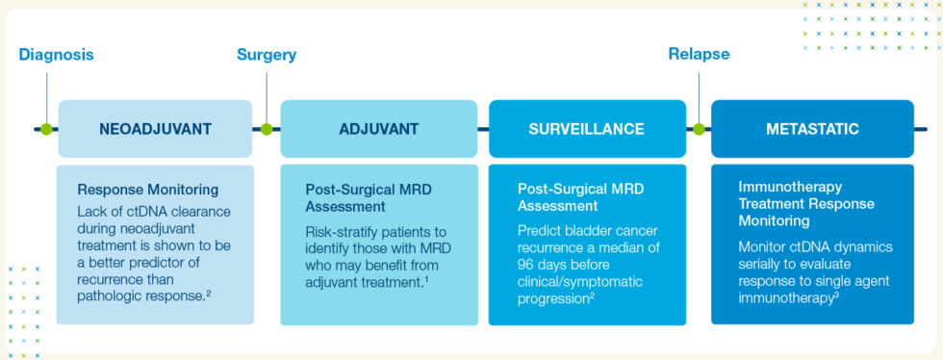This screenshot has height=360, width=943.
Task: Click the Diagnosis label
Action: coord(56,55)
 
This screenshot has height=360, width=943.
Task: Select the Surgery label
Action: coord(267,55)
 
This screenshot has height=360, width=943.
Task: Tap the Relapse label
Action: coord(699,55)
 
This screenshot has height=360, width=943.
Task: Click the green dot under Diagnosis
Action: coord(45,129)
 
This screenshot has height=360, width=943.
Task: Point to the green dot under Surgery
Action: coord(267,129)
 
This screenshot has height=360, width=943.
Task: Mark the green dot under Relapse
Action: coord(699,129)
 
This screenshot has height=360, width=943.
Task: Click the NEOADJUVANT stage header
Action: coord(155,129)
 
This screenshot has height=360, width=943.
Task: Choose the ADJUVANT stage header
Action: coord(378,129)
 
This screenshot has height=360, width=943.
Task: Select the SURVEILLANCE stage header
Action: coord(587,129)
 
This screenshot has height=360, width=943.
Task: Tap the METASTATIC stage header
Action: coord(812,129)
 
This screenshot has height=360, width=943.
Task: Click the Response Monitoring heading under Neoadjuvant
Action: coord(147,190)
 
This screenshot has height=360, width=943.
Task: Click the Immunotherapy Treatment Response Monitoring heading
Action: coord(806,204)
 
